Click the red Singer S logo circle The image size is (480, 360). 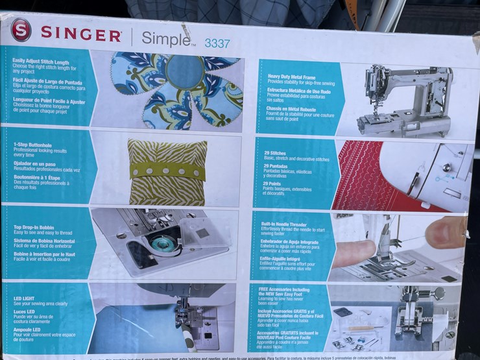click(21, 30)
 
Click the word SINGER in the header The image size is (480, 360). click(80, 34)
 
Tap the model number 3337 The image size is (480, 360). click(217, 43)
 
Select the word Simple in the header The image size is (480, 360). click(166, 38)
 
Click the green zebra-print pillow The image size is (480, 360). click(167, 172)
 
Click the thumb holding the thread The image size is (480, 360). click(446, 232)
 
